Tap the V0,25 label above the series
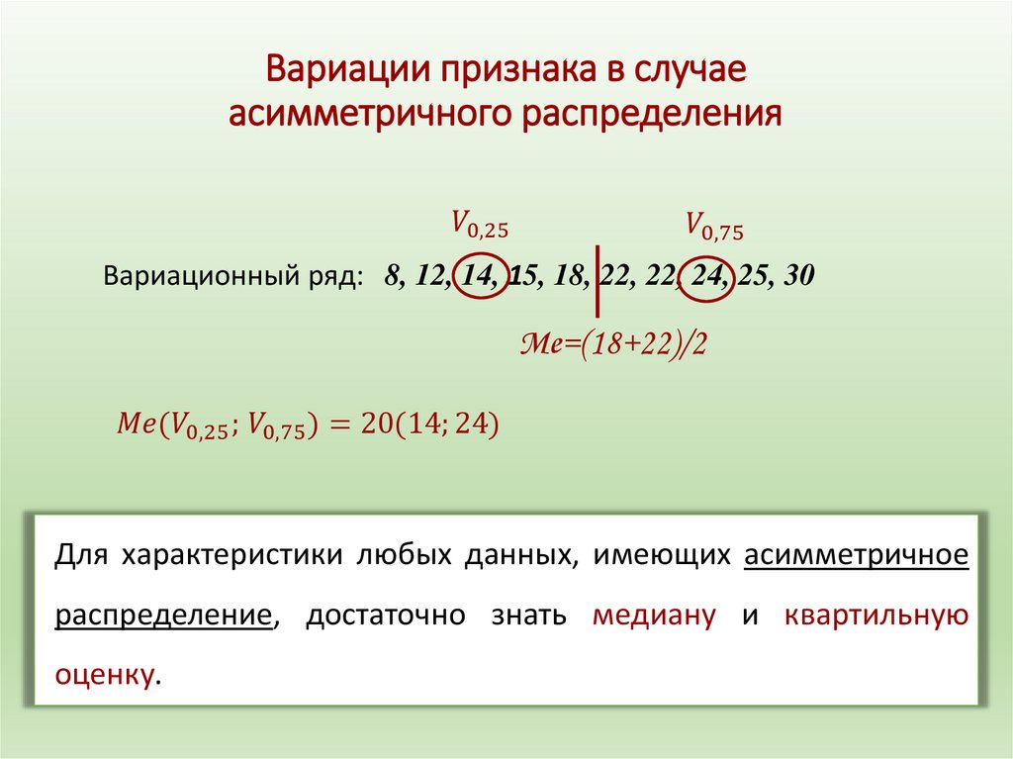coord(479,224)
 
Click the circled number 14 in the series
coord(479,276)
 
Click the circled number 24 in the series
coord(704,276)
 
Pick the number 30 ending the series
coord(797,276)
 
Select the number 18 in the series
coord(570,276)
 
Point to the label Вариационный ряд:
coord(232,276)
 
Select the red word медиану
coord(654,615)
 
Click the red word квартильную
coord(875,615)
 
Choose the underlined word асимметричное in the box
coord(855,555)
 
